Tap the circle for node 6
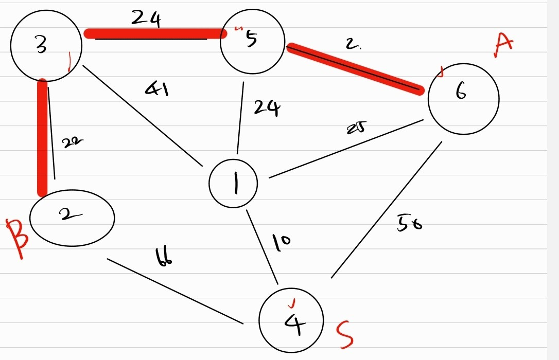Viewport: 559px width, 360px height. (463, 98)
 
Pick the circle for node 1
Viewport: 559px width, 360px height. (234, 184)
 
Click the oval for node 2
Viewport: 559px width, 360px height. (72, 217)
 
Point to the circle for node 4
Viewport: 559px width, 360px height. (292, 321)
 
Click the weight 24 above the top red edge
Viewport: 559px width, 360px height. (146, 19)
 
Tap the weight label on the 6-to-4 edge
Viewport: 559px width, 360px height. (409, 223)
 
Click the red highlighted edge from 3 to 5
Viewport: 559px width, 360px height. (154, 34)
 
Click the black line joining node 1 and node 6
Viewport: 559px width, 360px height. (345, 149)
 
